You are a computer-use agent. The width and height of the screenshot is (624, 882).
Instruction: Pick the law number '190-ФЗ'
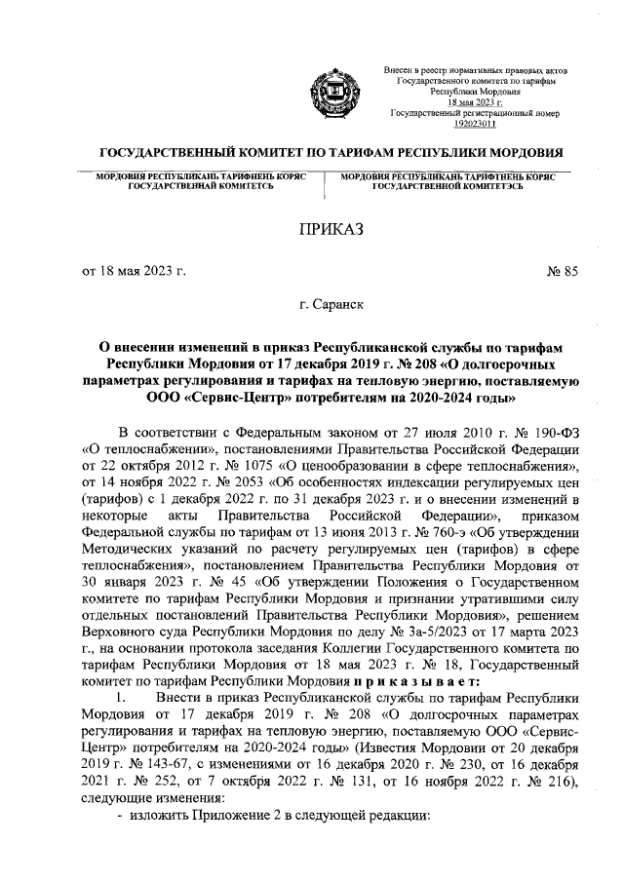point(555,433)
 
